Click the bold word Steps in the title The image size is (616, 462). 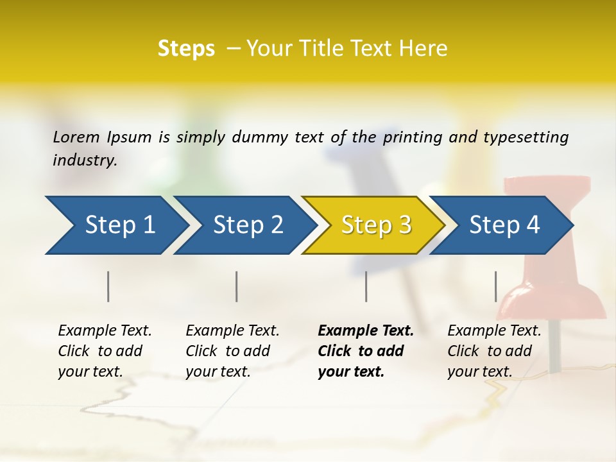coord(186,49)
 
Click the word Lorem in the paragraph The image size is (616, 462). coord(76,137)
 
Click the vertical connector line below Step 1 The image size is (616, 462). coord(108,286)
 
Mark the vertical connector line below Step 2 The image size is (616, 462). coord(237,286)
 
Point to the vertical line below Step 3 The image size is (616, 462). coord(366,286)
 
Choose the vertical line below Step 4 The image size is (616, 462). coord(496,286)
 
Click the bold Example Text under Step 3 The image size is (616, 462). coord(366,331)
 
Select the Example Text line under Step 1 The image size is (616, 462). coord(105,331)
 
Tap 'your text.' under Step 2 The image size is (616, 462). coord(218,372)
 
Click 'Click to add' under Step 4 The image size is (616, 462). coord(490,351)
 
